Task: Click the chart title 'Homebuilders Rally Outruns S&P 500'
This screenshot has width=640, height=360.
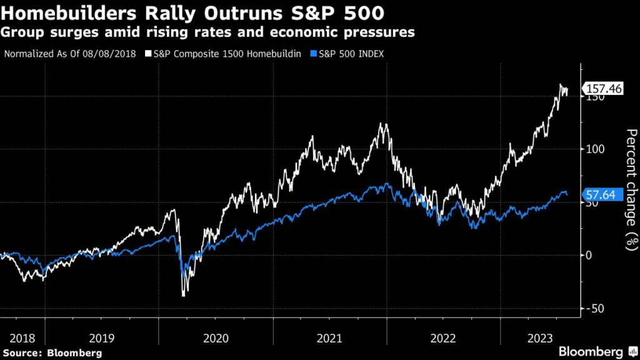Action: [193, 12]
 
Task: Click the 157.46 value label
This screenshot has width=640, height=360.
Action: [603, 89]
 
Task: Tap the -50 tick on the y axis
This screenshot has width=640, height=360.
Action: [596, 308]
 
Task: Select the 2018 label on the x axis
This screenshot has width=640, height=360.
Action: [22, 338]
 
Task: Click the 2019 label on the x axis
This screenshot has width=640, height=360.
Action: [102, 338]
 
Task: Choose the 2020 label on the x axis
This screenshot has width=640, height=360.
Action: [216, 338]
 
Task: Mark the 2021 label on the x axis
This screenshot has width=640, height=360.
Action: [329, 338]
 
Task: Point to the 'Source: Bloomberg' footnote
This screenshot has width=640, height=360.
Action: [52, 353]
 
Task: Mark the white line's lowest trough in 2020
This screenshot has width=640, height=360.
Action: [183, 295]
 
